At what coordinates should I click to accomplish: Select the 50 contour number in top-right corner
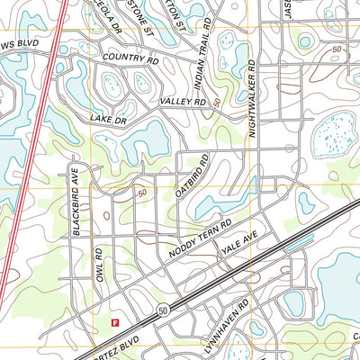pyautogui.click(x=336, y=49)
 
